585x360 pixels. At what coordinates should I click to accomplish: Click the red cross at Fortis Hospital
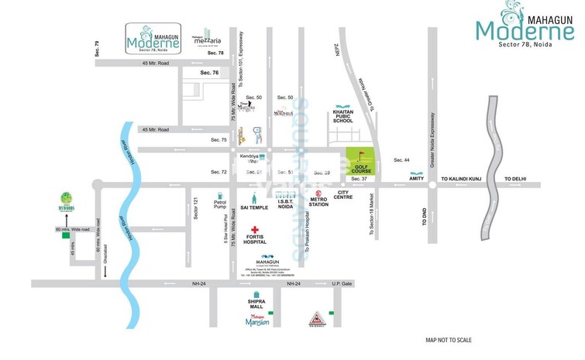(254, 230)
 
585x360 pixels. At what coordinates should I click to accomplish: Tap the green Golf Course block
(359, 163)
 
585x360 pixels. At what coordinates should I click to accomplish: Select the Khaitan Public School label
(343, 116)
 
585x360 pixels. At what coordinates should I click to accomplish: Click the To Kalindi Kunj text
(462, 179)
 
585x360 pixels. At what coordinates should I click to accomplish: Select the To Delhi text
(515, 179)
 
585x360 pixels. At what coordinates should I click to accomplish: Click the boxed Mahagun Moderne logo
(154, 39)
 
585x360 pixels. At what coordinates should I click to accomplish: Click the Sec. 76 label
(210, 72)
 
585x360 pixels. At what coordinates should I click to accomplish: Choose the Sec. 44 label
(401, 159)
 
